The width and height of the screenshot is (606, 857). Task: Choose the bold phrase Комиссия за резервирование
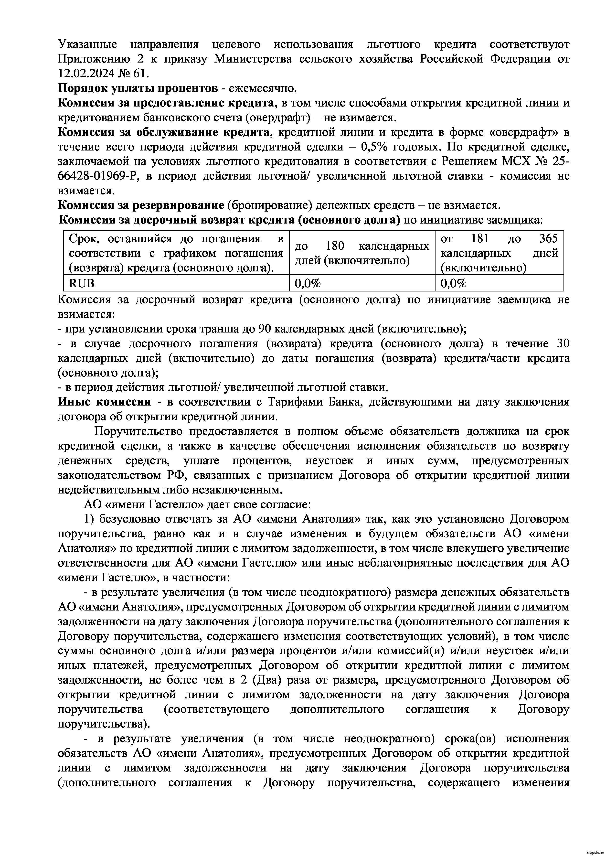click(x=141, y=205)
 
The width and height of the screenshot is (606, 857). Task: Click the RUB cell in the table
click(x=82, y=284)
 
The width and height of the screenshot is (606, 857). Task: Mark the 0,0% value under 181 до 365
click(x=454, y=284)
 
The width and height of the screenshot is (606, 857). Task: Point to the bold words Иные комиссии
click(x=105, y=402)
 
